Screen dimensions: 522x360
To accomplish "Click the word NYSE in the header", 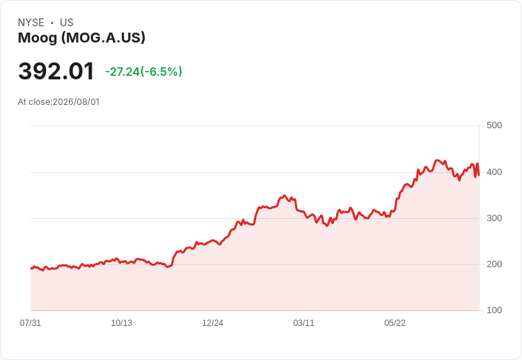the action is (x=31, y=23).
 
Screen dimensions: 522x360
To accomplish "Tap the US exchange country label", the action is (x=67, y=23).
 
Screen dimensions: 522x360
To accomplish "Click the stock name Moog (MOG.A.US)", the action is (x=82, y=38).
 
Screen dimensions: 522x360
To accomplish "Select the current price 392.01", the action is (x=56, y=71).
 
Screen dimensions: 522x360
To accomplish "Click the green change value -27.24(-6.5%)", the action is (x=143, y=72).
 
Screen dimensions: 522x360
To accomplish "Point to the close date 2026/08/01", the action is (x=76, y=102).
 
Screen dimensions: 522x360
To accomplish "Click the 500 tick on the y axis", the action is (x=494, y=125).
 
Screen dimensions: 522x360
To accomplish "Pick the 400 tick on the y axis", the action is (x=494, y=172).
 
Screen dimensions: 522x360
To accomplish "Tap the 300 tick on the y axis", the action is (x=494, y=218).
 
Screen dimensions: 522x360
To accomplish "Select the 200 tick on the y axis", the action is (x=494, y=264).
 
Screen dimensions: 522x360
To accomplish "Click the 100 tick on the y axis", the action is (x=494, y=310).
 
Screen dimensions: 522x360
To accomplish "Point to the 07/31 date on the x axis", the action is (x=30, y=323).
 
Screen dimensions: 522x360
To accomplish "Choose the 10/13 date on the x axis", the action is (x=121, y=323).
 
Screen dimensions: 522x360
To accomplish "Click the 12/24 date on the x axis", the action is (x=213, y=323).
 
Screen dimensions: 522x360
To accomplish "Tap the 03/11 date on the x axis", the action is (x=304, y=323).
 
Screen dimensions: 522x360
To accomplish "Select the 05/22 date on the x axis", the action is (x=395, y=323).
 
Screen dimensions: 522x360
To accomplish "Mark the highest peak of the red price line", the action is (x=438, y=160).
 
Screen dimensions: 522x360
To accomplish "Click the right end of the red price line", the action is (x=479, y=175).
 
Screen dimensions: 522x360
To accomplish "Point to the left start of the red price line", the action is (x=31, y=268).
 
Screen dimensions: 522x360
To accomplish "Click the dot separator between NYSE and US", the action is (x=52, y=23).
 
